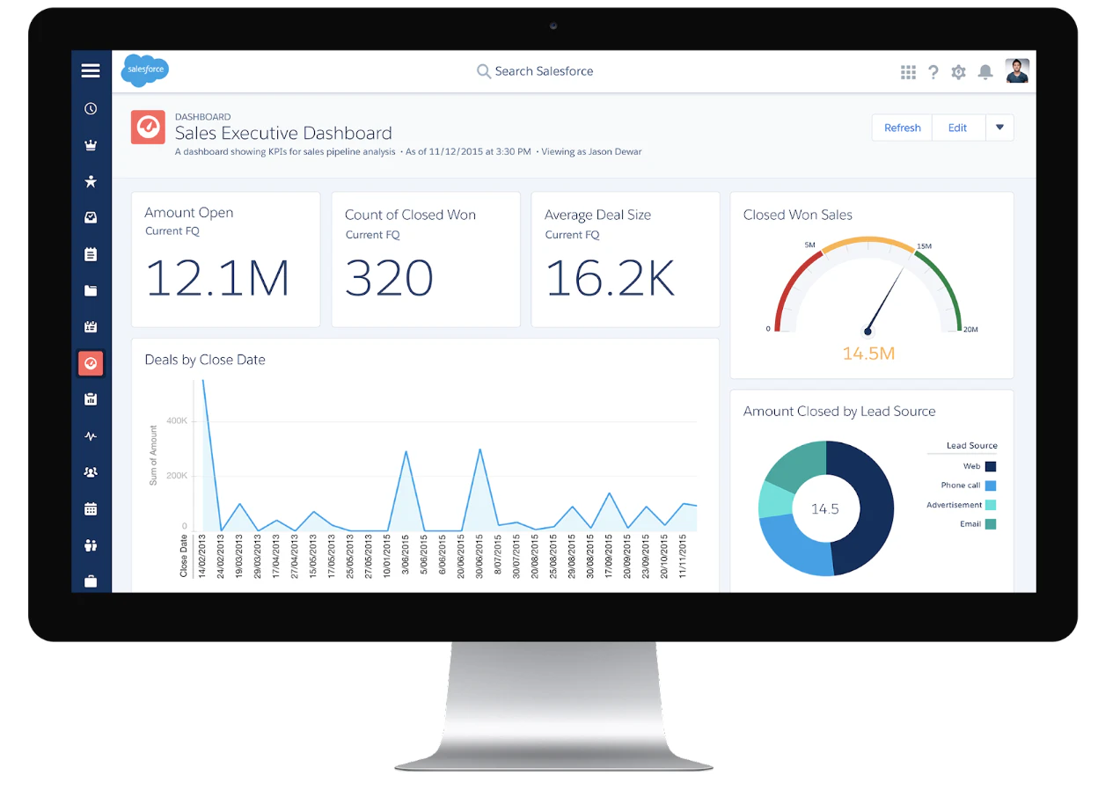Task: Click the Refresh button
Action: coord(902,128)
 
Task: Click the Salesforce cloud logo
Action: coord(145,69)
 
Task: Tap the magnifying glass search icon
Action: coord(483,71)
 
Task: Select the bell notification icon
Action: coord(985,72)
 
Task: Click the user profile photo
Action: coord(1017,70)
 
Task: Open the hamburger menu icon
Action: coord(91,70)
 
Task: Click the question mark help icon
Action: coord(933,72)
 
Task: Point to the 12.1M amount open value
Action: coord(217,278)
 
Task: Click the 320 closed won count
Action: coord(389,278)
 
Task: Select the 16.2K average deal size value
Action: coord(610,278)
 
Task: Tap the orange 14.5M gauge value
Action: coord(868,354)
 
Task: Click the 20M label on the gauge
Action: coord(970,329)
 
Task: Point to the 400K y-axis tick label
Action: coord(177,420)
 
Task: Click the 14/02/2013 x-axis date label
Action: coord(202,556)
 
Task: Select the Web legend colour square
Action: coord(990,466)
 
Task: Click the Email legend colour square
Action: coord(990,524)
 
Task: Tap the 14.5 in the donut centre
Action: coord(824,508)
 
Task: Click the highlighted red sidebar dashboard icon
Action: coord(91,363)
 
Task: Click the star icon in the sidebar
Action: coord(91,181)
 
